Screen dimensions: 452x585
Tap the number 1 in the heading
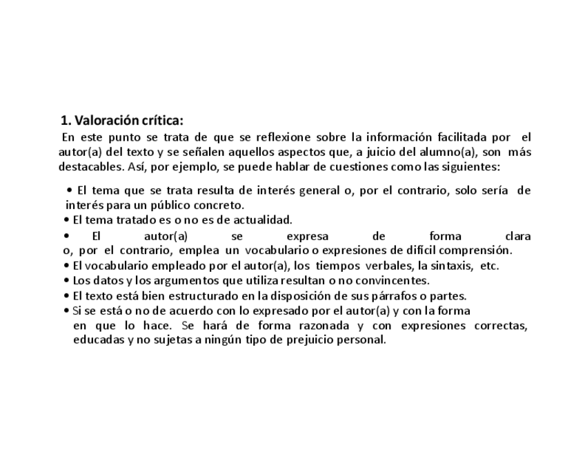coord(65,121)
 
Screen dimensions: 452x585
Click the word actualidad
coord(260,220)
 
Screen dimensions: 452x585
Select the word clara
coord(517,235)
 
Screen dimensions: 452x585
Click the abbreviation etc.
coord(488,266)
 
